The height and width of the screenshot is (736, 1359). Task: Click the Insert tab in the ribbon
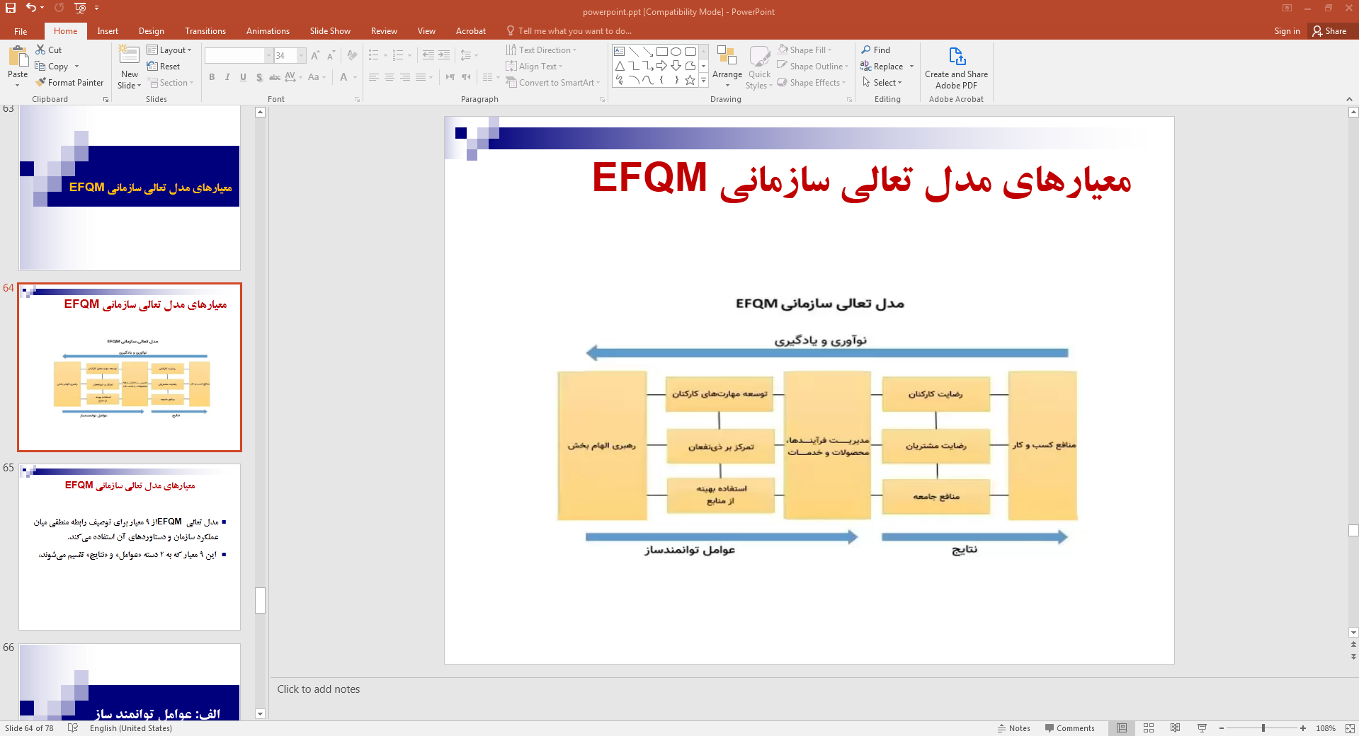point(108,31)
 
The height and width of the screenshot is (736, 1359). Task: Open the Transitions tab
point(205,31)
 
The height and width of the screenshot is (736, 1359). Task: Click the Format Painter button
point(69,83)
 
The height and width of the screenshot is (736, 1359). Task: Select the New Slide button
point(130,69)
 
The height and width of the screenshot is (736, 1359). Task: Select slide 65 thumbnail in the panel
point(130,546)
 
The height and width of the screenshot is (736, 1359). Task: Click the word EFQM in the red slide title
point(649,178)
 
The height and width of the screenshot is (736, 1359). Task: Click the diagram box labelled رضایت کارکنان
point(936,394)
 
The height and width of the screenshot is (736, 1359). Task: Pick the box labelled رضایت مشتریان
point(936,446)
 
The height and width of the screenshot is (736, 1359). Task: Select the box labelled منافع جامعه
point(936,497)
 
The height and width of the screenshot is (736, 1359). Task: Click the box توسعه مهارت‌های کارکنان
point(720,394)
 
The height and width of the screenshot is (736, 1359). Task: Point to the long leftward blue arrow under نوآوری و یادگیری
point(827,352)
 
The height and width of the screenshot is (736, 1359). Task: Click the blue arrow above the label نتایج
point(974,537)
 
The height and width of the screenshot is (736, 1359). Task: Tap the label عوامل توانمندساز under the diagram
point(690,551)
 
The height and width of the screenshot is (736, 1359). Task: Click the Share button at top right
point(1329,31)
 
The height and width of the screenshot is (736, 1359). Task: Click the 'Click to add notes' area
point(319,689)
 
